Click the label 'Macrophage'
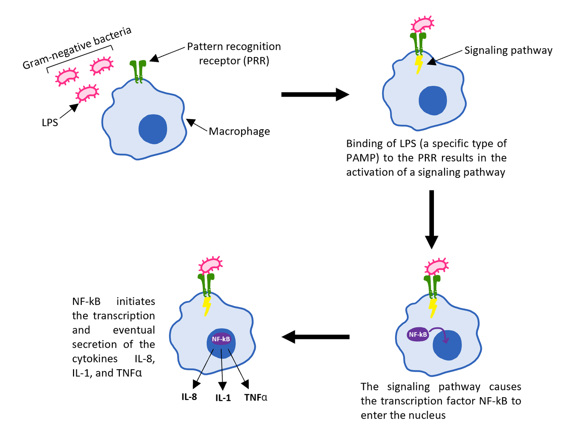click(239, 131)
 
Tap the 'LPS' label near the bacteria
click(50, 123)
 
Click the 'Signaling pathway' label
click(508, 50)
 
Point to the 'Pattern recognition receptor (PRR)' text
click(234, 53)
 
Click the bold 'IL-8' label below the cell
click(189, 397)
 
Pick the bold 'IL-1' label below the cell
click(223, 398)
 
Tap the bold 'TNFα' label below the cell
click(256, 398)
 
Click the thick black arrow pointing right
click(315, 94)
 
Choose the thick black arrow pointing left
click(316, 337)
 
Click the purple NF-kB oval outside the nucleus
click(418, 334)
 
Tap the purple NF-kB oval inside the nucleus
click(221, 339)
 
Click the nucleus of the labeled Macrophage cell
click(153, 129)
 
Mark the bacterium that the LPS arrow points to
click(87, 93)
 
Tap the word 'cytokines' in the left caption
click(95, 359)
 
